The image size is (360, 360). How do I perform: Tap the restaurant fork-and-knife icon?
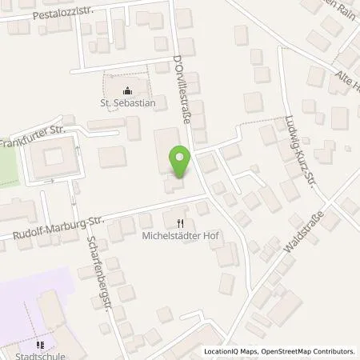pos(181,223)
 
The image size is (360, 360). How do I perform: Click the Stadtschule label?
pos(39,350)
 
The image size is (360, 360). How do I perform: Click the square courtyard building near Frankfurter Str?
pos(53,158)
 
